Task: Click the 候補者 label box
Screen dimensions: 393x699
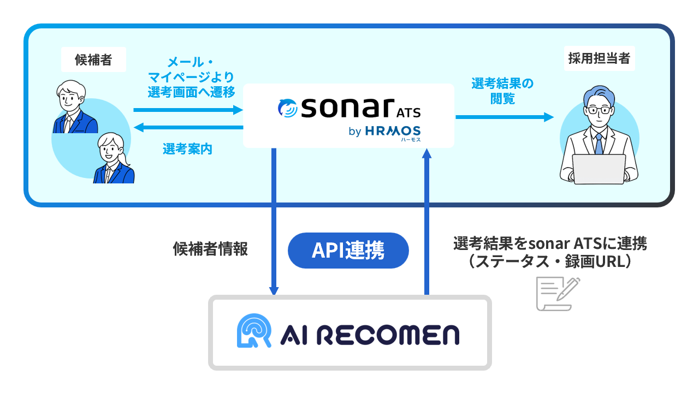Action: point(93,59)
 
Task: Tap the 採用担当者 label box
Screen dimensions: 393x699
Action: point(599,59)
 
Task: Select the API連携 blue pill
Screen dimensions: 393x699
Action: point(348,251)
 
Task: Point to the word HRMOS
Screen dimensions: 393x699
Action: point(393,131)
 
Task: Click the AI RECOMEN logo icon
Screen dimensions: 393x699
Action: point(254,331)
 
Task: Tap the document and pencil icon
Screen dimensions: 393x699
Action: point(558,294)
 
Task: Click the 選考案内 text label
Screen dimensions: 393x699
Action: point(187,148)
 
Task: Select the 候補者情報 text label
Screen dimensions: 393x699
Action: point(210,249)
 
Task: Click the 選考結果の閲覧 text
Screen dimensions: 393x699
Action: point(502,91)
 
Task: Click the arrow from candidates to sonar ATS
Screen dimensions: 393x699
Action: point(188,110)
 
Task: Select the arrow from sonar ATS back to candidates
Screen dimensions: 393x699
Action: point(188,128)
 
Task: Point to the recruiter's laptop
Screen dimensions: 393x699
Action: point(599,169)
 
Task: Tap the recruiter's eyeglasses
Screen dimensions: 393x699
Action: point(599,110)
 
